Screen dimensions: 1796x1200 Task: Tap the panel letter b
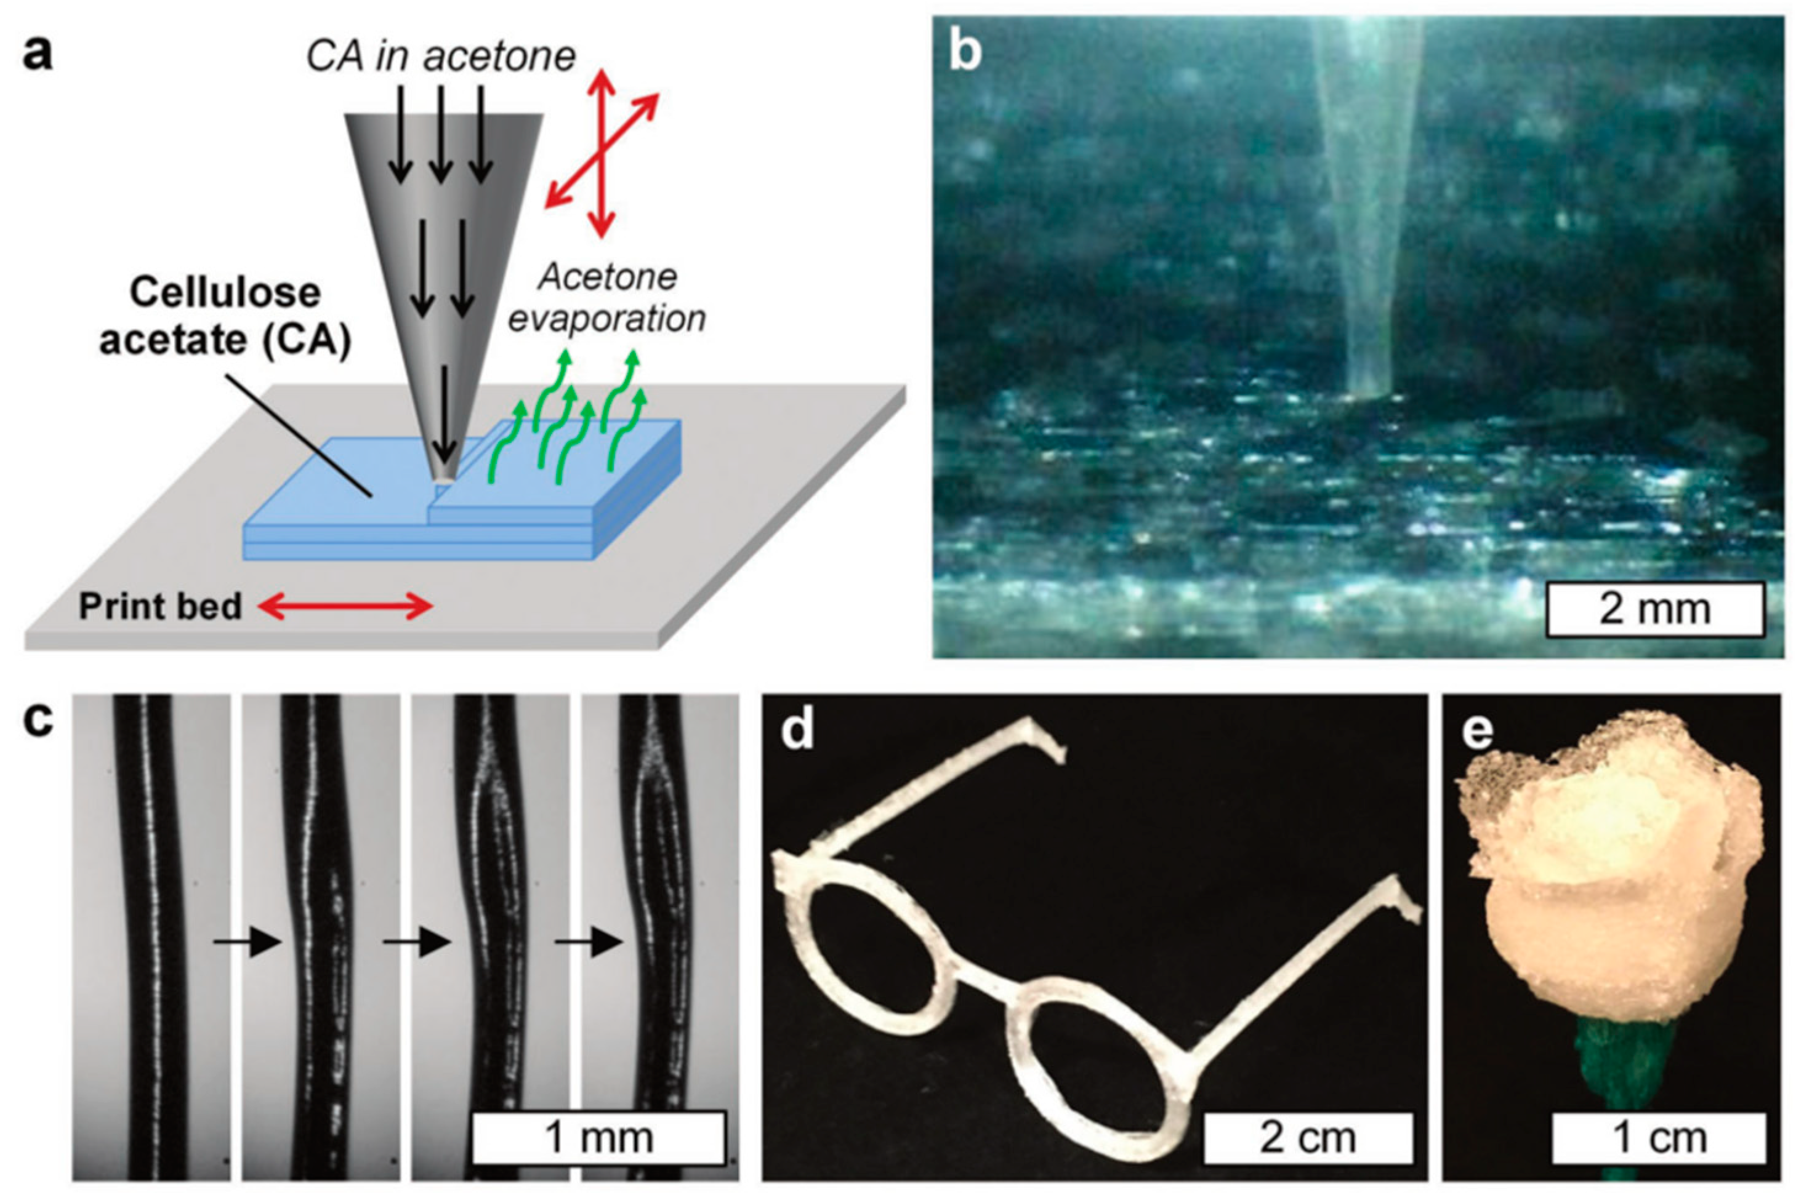pyautogui.click(x=965, y=54)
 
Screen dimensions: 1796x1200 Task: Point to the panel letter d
pyautogui.click(x=797, y=731)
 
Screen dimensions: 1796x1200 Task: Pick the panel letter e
pyautogui.click(x=1477, y=731)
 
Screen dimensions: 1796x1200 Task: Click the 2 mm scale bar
pyautogui.click(x=1654, y=609)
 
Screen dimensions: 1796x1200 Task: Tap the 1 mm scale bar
pyautogui.click(x=598, y=1137)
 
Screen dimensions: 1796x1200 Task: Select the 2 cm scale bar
pyautogui.click(x=1308, y=1138)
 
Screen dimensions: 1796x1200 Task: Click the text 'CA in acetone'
pyautogui.click(x=441, y=57)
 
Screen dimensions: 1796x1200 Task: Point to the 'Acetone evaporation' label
pyautogui.click(x=607, y=298)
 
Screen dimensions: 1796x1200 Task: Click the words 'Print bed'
pyautogui.click(x=160, y=606)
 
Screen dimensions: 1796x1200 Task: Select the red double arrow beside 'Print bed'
pyautogui.click(x=345, y=607)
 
